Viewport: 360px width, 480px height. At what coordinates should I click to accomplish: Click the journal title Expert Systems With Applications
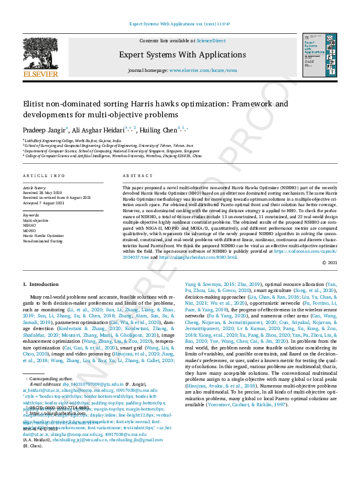[180, 54]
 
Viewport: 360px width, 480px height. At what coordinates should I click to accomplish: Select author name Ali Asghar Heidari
[99, 129]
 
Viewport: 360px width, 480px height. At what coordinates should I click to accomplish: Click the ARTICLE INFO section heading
[44, 175]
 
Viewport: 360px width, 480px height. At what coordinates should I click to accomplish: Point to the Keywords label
[31, 215]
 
